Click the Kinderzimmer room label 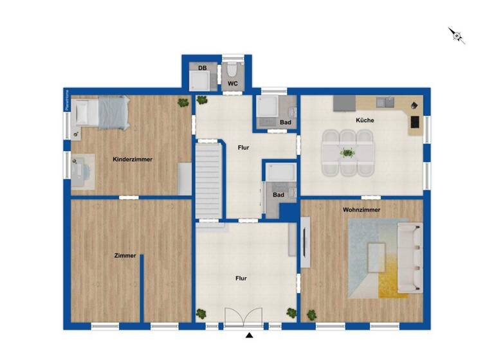click(133, 159)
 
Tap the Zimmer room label click(125, 255)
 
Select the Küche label click(365, 120)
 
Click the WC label click(232, 84)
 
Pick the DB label click(202, 67)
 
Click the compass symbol click(457, 35)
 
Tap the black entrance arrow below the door click(250, 335)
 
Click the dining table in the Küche click(347, 153)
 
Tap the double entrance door click(243, 318)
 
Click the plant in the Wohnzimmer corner click(312, 315)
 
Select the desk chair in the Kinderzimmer click(82, 170)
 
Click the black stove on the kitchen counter click(414, 121)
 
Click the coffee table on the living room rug click(375, 257)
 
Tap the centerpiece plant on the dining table click(348, 153)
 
